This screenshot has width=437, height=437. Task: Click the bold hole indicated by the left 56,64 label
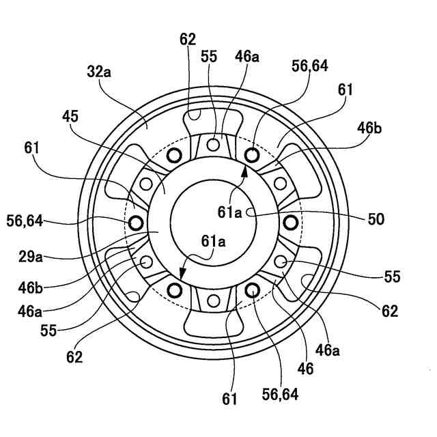[x=135, y=222]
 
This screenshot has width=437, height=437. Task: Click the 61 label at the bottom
[x=229, y=399]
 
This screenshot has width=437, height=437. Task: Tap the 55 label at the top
[x=209, y=57]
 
